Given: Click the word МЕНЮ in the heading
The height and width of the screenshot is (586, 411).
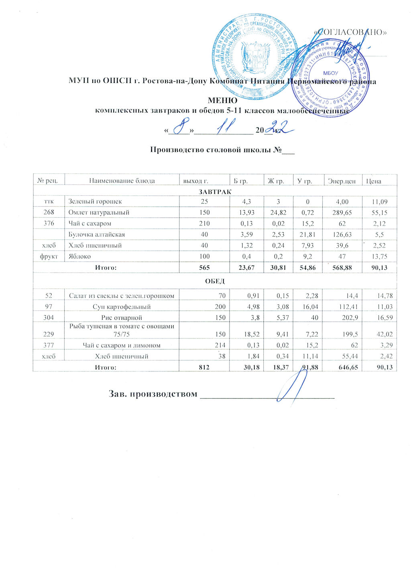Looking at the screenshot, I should pyautogui.click(x=222, y=101).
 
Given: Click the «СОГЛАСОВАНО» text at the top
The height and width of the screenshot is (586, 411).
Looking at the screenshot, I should pyautogui.click(x=350, y=32).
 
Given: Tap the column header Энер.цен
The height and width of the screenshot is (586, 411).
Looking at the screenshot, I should pyautogui.click(x=341, y=181).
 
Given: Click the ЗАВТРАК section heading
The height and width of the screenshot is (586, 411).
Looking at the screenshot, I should pyautogui.click(x=215, y=192).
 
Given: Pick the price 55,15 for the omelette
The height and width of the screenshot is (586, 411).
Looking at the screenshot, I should pyautogui.click(x=379, y=213).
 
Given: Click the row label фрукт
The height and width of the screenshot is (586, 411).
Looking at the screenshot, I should pyautogui.click(x=49, y=256).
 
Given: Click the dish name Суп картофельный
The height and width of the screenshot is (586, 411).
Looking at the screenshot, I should pyautogui.click(x=122, y=307).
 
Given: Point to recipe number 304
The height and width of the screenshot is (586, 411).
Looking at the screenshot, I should pyautogui.click(x=49, y=318).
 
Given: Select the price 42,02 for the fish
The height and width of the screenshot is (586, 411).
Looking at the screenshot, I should pyautogui.click(x=384, y=334).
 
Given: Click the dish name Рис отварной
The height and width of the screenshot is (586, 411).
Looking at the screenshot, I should pyautogui.click(x=122, y=318).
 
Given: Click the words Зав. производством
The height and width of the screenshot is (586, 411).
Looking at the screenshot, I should pyautogui.click(x=153, y=394).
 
